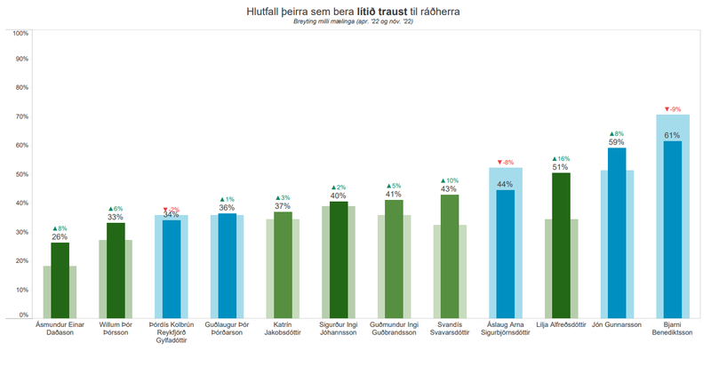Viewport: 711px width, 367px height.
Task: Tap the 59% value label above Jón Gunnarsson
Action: pos(616,142)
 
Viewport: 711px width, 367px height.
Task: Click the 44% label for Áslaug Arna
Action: pos(505,184)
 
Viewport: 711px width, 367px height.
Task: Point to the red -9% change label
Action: pos(673,109)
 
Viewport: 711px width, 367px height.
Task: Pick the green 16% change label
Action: pos(560,158)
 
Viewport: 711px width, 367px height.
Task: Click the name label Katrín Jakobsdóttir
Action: pos(283,330)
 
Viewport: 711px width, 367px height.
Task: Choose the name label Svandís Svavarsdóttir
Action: pos(449,330)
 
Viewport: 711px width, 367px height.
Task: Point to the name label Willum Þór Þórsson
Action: pos(116,330)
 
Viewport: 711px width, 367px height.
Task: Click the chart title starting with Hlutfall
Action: pos(354,12)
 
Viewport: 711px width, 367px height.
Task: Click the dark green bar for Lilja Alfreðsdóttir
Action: pos(560,244)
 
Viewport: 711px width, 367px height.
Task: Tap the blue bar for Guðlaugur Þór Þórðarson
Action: pos(227,265)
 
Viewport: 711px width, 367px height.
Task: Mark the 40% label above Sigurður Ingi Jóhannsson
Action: pos(338,195)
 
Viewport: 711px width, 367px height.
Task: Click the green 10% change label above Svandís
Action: pos(449,180)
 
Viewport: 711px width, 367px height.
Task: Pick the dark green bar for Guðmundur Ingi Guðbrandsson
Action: pos(394,258)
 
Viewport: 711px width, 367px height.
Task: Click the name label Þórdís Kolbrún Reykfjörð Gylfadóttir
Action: pos(171,334)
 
